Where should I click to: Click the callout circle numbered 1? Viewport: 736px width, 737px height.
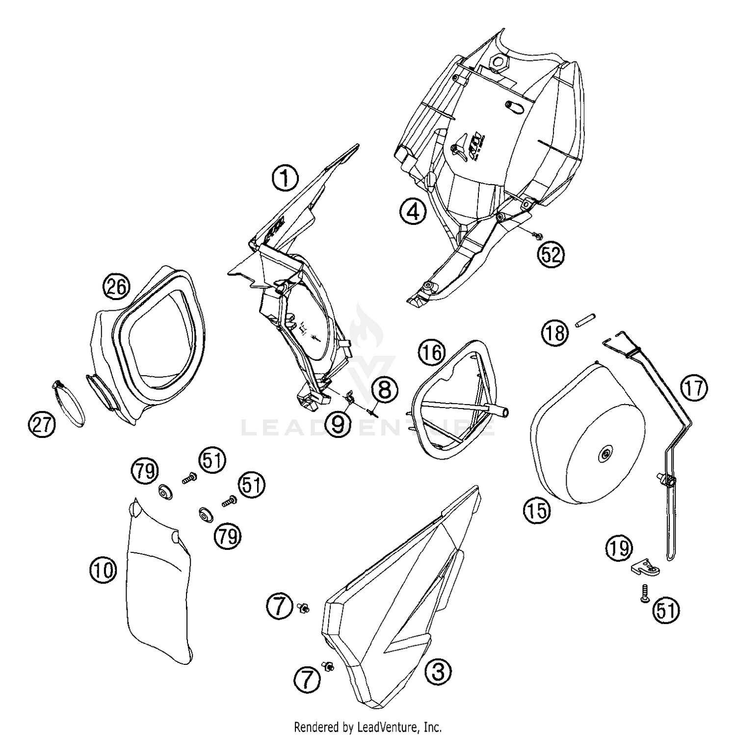(x=285, y=178)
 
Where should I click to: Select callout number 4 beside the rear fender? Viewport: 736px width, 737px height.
(x=412, y=212)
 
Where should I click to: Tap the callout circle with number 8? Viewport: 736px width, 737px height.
(x=384, y=391)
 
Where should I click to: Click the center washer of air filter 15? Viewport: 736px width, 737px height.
(x=605, y=455)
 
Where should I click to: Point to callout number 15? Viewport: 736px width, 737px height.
(x=537, y=511)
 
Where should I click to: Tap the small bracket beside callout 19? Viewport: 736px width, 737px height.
(x=645, y=569)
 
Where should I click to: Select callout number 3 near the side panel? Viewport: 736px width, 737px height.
(x=438, y=671)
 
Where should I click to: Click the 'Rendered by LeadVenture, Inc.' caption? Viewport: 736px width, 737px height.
(x=368, y=726)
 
